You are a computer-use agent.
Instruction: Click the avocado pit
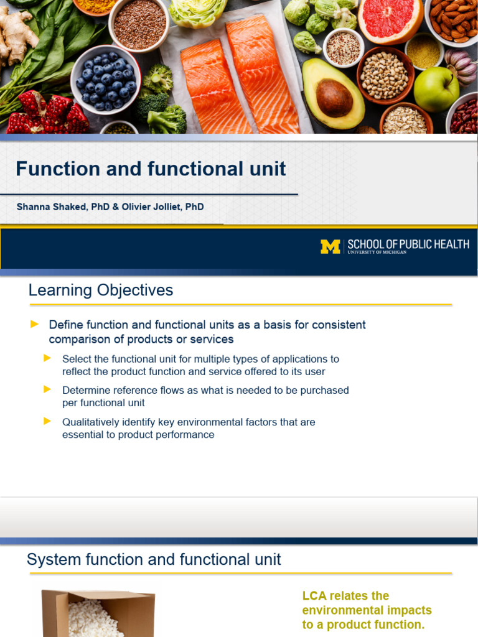[334, 98]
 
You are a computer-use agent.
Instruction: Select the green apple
[436, 88]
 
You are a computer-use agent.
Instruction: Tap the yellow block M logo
[330, 247]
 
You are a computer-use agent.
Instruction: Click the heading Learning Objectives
[101, 291]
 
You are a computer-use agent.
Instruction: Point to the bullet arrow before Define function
[35, 324]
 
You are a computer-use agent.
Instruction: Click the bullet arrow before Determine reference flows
[47, 389]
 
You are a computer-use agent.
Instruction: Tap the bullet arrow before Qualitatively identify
[47, 421]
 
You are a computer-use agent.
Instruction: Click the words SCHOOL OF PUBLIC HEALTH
[408, 244]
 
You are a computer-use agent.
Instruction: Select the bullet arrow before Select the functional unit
[47, 358]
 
